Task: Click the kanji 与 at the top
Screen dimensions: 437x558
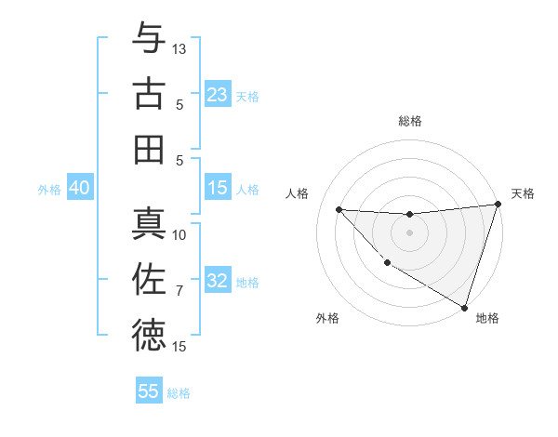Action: point(149,38)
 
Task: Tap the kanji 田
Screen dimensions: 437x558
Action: point(149,149)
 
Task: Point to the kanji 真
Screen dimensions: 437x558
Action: point(149,224)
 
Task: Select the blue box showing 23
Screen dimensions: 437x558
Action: point(218,94)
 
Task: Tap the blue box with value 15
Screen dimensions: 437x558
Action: point(218,188)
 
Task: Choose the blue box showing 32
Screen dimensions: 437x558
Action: point(218,281)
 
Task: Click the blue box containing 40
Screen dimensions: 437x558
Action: point(79,188)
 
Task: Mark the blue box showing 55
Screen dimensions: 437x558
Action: point(149,391)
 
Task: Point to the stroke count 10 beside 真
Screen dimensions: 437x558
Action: point(179,235)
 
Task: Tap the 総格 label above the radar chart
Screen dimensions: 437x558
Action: point(409,121)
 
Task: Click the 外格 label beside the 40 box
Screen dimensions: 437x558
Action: point(49,189)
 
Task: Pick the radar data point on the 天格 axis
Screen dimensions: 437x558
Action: point(498,205)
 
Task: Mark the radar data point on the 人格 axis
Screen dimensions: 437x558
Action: point(339,209)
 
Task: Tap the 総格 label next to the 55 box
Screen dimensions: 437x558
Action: point(179,393)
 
